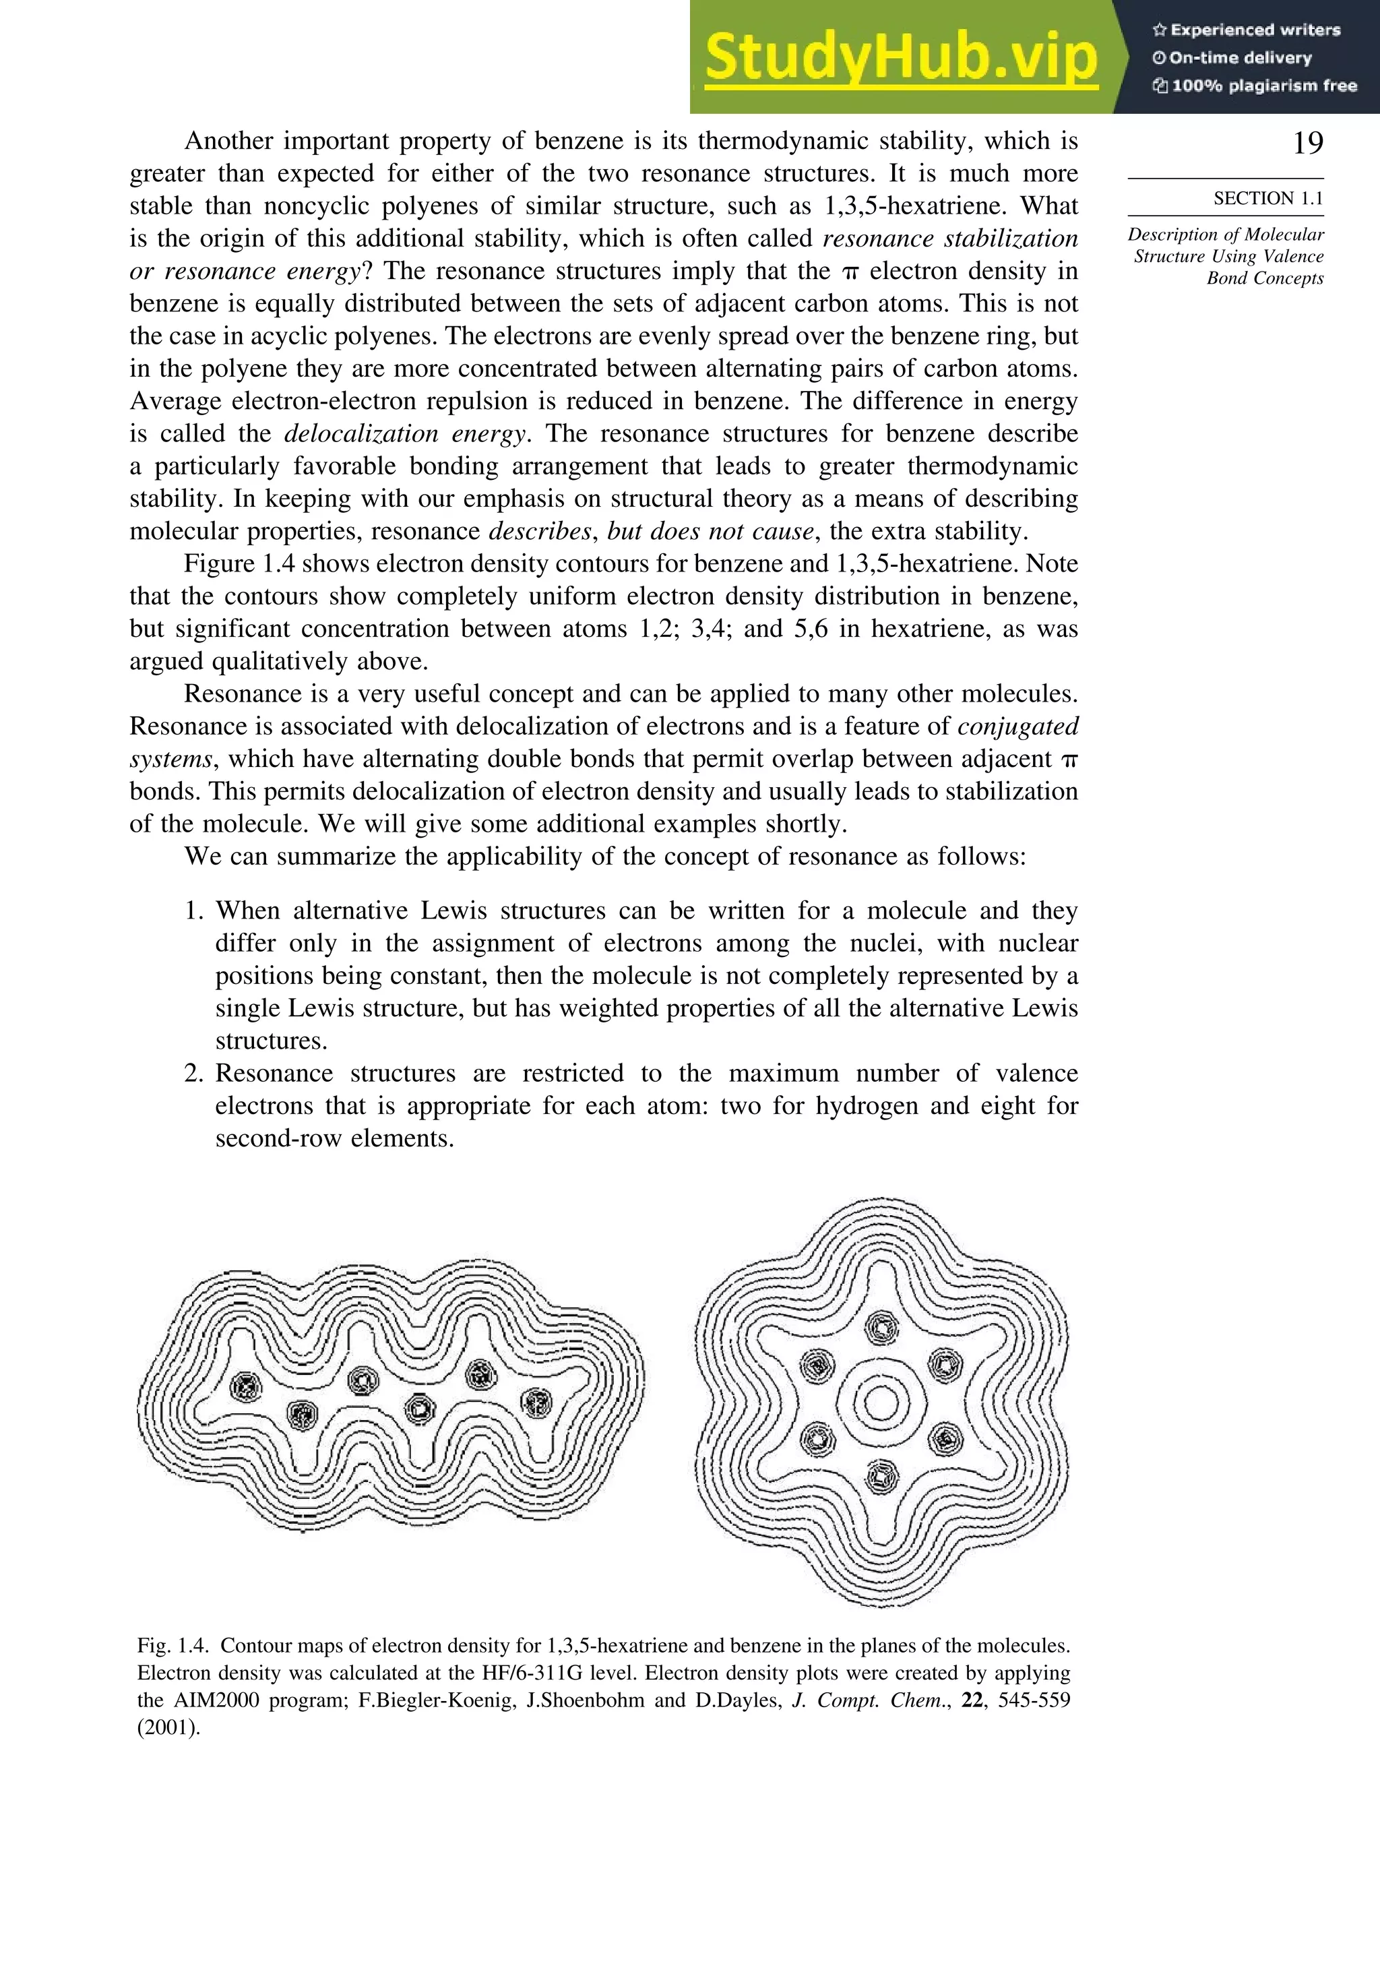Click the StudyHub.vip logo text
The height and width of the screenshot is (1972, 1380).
900,59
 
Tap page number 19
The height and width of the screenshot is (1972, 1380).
1307,143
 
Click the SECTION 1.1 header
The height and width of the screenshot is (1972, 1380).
1267,198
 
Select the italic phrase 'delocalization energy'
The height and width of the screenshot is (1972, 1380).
404,434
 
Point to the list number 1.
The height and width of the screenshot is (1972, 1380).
193,911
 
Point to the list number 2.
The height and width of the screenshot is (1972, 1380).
193,1074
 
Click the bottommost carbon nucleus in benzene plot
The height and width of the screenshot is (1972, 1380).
881,1478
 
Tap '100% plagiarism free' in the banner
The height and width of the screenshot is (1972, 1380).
1262,86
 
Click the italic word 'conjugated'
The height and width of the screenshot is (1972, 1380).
1017,727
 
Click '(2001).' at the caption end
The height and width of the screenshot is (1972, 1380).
168,1728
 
